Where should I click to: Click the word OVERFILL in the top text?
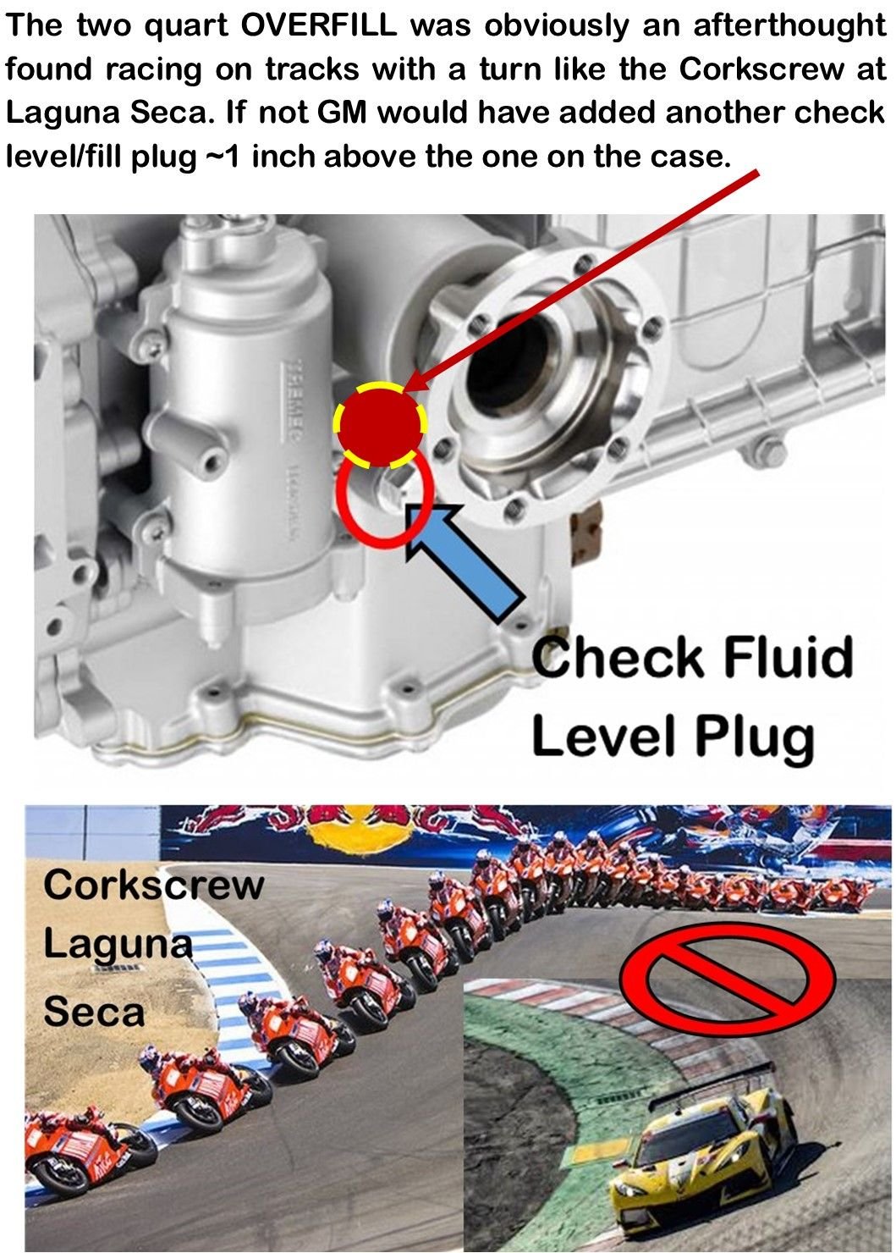point(319,25)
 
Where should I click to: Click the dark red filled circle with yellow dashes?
point(380,423)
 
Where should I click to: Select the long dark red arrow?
point(584,279)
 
